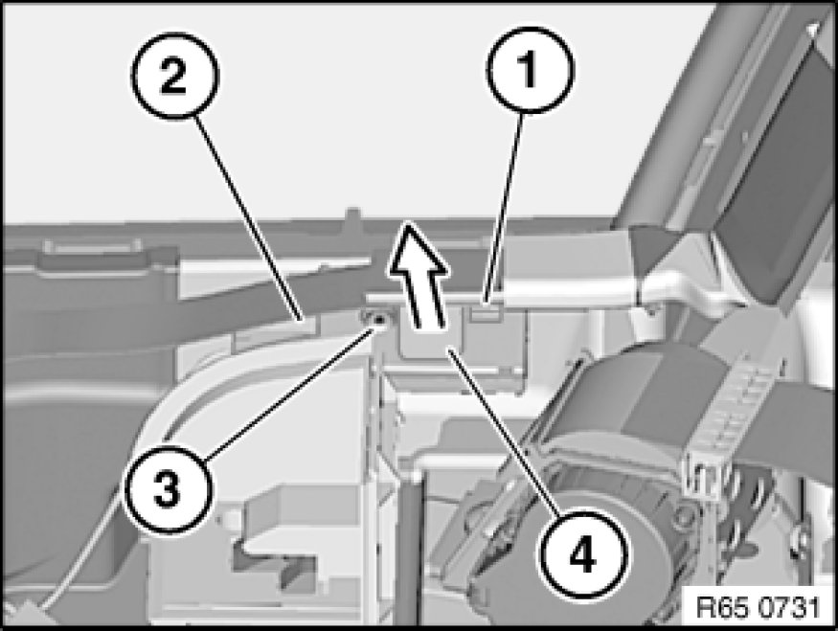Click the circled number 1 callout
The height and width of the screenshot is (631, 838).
(529, 70)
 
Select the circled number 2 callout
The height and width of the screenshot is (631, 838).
(174, 76)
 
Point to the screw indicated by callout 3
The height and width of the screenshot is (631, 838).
(379, 320)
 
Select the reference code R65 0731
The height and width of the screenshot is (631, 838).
(759, 606)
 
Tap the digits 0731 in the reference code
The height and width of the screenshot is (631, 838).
(788, 606)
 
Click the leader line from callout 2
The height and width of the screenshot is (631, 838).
(249, 219)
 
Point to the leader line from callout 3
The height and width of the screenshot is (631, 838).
(289, 394)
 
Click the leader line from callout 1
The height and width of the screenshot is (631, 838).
(504, 209)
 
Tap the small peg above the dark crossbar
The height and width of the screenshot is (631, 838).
(352, 215)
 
